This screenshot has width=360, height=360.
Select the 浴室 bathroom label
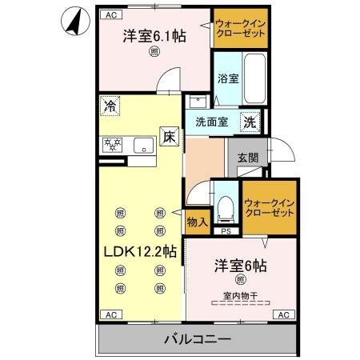coord(227,78)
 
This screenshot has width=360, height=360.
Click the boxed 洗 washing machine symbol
coord(250,122)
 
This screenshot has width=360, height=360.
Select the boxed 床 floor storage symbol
coord(169,138)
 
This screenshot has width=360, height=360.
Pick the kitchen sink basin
coord(144,146)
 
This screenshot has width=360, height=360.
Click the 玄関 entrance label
coord(247,158)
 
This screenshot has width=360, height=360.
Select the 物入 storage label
coord(197,221)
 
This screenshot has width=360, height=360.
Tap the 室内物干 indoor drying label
coord(239,297)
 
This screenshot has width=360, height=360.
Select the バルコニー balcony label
coord(198,339)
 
